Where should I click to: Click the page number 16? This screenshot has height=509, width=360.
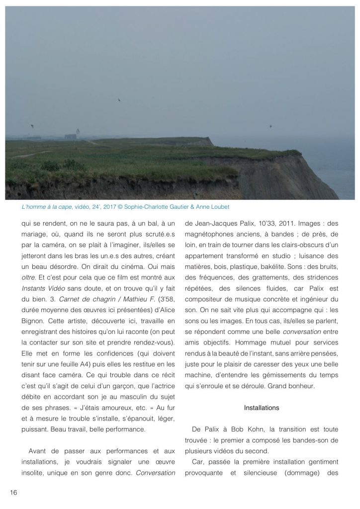coord(13,492)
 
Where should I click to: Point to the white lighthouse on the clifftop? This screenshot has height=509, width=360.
coord(77,133)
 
